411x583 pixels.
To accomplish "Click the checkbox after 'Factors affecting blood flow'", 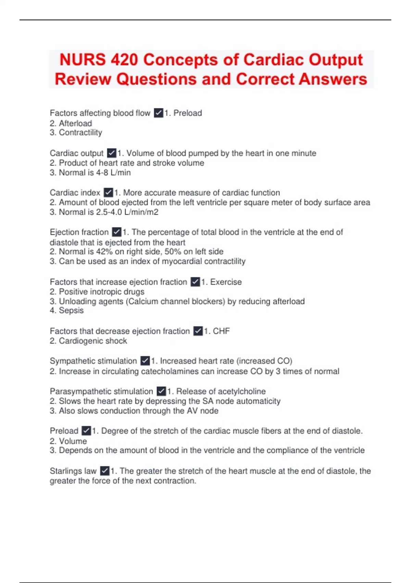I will pos(158,113).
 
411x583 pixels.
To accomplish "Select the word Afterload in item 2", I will pos(75,123).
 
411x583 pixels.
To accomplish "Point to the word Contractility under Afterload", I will pos(80,133).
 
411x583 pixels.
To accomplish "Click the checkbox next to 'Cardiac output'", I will pos(111,153).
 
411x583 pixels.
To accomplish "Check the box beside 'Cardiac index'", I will pos(108,192).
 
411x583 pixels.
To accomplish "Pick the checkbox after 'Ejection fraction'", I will pos(116,232).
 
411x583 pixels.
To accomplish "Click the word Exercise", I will pos(226,282).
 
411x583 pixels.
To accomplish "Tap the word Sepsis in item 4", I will pos(71,311).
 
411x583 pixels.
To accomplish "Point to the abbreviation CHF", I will pos(221,331).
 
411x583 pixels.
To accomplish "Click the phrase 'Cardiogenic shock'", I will pos(93,341).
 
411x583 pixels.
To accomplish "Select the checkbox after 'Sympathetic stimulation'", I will pos(145,361).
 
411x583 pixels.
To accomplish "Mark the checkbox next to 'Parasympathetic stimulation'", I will pos(161,391).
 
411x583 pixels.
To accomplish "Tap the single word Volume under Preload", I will pos(73,441).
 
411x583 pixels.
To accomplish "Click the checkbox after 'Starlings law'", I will pos(104,471).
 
